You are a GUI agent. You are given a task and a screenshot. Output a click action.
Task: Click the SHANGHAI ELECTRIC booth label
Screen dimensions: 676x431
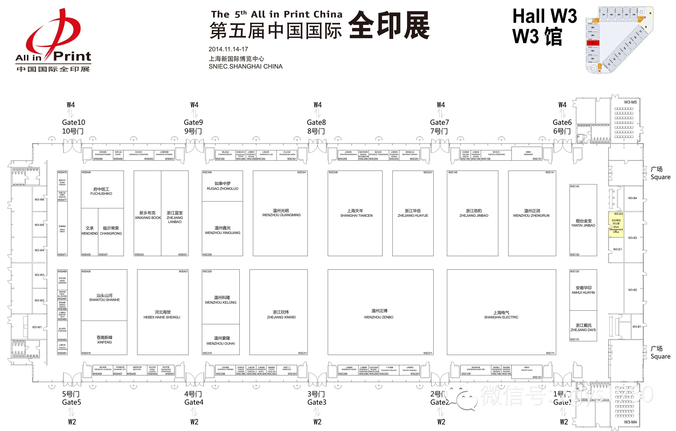(501, 317)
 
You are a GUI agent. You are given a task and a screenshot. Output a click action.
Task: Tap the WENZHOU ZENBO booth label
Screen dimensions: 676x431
(379, 317)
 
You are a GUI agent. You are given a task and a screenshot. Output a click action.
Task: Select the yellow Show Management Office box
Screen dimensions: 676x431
(616, 225)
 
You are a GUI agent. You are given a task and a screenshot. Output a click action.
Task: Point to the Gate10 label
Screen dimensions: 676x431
(73, 122)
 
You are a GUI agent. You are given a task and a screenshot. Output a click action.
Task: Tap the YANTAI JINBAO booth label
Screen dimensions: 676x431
(583, 225)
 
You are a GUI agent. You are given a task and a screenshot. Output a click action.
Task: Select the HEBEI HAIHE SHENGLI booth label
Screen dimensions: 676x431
(162, 317)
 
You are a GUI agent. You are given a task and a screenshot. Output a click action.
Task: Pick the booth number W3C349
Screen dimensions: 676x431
(207, 172)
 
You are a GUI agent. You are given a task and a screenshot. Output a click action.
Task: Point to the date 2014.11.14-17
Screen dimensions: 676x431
(228, 49)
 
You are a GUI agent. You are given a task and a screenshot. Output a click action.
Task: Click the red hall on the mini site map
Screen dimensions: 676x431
(593, 43)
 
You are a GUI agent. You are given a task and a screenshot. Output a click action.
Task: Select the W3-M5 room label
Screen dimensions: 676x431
(630, 102)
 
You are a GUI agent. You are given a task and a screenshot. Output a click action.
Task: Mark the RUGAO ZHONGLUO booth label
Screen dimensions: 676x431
(222, 189)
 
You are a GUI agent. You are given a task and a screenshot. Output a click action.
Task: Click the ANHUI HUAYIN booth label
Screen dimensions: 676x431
(583, 292)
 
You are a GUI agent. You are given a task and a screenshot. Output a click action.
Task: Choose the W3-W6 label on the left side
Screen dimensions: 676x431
(39, 200)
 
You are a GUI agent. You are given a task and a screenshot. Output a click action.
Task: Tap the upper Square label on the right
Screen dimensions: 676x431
(660, 177)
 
